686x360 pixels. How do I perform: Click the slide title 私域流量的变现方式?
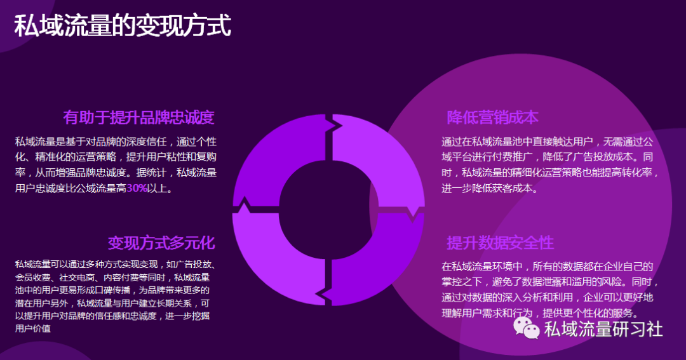pyautogui.click(x=123, y=25)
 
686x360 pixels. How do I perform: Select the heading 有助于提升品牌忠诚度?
pyautogui.click(x=138, y=117)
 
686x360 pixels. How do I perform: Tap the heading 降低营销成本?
pyautogui.click(x=493, y=117)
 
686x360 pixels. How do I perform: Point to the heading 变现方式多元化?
pyautogui.click(x=161, y=243)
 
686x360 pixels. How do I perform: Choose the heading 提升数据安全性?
pyautogui.click(x=500, y=243)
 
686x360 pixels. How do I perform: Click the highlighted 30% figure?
pyautogui.click(x=137, y=188)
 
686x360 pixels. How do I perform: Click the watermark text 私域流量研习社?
pyautogui.click(x=603, y=329)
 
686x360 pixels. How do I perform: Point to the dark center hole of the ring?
pyautogui.click(x=328, y=210)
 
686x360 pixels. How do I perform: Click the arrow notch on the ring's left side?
pyautogui.click(x=243, y=206)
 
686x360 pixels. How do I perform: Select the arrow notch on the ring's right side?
pyautogui.click(x=413, y=212)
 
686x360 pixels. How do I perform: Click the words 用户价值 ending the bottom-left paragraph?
pyautogui.click(x=33, y=328)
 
